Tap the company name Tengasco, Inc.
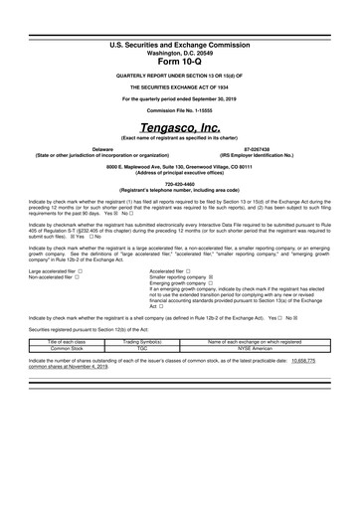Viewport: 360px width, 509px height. tap(180, 128)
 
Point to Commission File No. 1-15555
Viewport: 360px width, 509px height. tap(180, 109)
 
